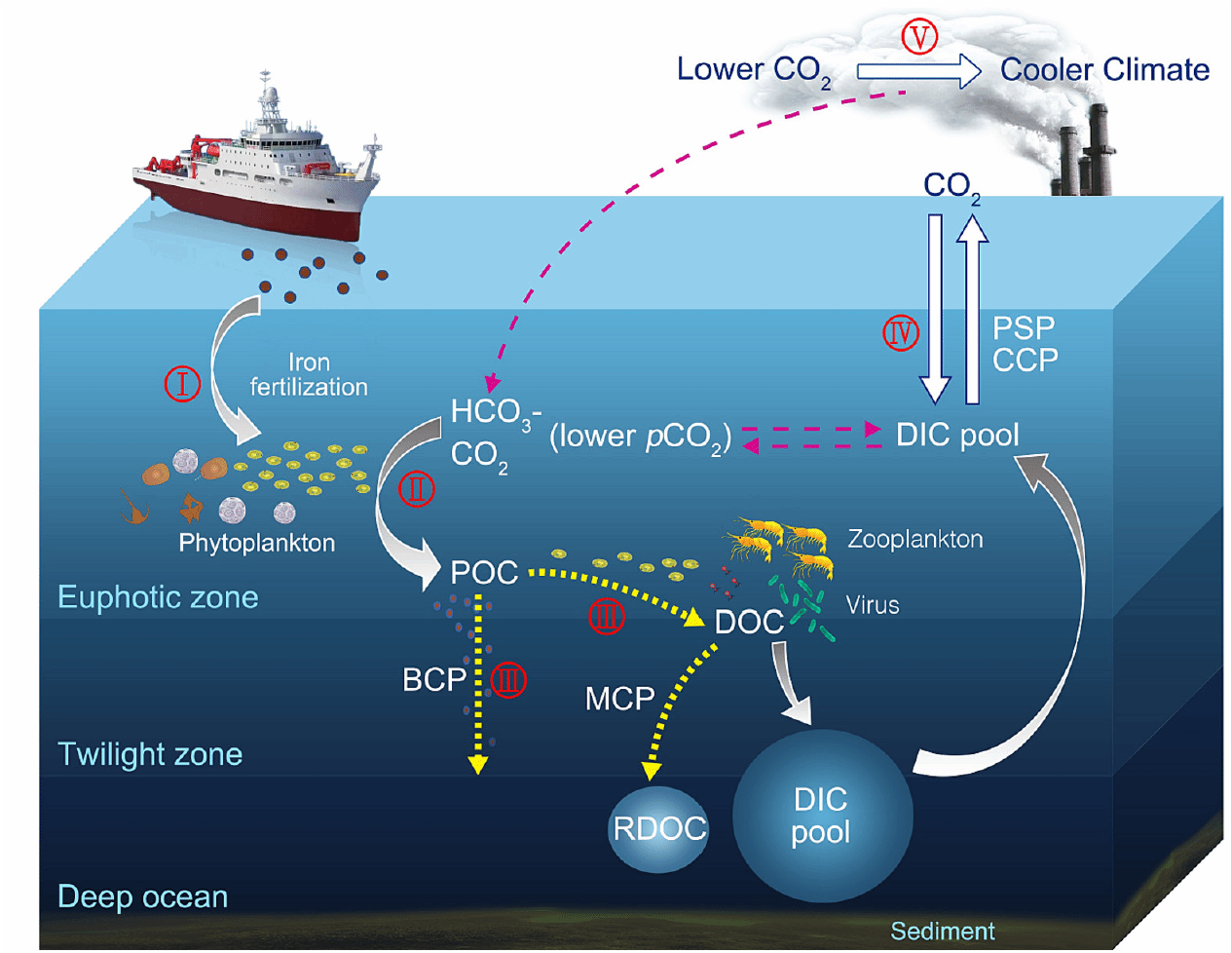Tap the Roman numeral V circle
(918, 37)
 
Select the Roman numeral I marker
(182, 383)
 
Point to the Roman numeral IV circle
(901, 333)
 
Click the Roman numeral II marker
(417, 488)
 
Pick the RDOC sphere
(659, 829)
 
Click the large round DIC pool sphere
(821, 816)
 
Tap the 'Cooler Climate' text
(1104, 70)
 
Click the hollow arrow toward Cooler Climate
(918, 71)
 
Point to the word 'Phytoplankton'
(256, 543)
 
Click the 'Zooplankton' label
(914, 539)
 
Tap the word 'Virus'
(873, 605)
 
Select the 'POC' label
(484, 573)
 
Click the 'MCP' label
(619, 699)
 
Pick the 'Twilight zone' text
(150, 754)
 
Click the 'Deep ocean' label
(143, 896)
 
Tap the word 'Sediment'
(943, 932)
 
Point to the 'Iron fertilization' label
(309, 375)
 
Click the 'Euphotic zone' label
(158, 597)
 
